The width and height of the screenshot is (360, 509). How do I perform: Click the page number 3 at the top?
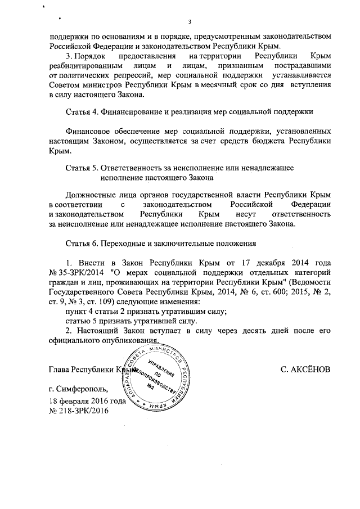pyautogui.click(x=190, y=22)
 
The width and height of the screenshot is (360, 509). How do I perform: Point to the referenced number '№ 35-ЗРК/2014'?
pyautogui.click(x=75, y=273)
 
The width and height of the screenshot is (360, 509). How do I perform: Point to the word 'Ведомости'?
pyautogui.click(x=312, y=283)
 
